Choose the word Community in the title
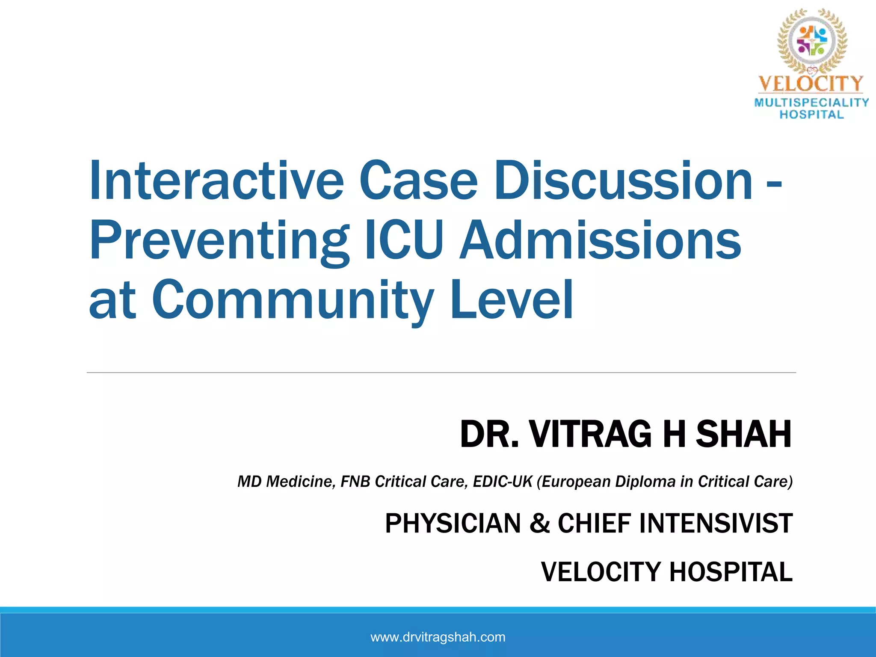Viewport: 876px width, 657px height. [x=293, y=300]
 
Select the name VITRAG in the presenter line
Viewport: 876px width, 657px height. [x=590, y=434]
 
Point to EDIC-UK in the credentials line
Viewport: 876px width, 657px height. [x=502, y=482]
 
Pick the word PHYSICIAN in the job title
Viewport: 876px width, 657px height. [x=453, y=523]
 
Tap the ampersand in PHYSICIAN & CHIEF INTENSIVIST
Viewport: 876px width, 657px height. [x=539, y=523]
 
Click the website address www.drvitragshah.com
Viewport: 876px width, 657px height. [x=438, y=637]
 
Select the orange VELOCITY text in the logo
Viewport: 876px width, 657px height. [x=811, y=83]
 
